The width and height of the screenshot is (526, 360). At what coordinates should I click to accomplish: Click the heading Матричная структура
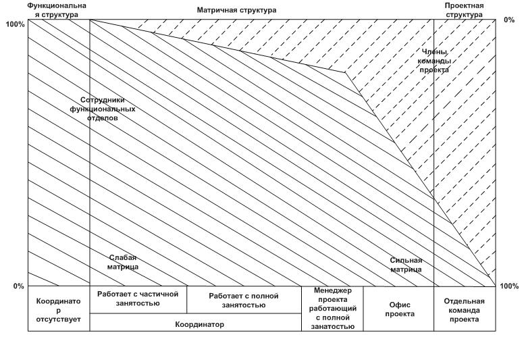pos(236,11)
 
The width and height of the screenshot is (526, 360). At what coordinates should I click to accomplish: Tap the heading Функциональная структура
pos(57,9)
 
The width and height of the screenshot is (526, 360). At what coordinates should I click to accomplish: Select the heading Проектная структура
pos(463,9)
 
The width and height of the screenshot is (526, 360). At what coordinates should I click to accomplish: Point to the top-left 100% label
pos(14,24)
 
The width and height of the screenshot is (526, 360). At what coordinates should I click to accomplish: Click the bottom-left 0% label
pos(18,286)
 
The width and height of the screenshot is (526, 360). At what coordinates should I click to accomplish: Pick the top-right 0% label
pos(508,20)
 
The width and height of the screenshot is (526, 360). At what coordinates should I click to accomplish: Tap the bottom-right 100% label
pos(509,286)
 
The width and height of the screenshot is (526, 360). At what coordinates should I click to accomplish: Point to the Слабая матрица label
pos(123,262)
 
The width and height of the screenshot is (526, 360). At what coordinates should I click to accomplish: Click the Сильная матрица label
pos(406,265)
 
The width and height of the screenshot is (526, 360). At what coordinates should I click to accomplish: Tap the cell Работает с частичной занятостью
pos(138,299)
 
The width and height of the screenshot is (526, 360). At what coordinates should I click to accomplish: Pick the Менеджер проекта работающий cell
pos(332,309)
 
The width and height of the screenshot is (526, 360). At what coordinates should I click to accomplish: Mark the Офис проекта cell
pos(398,309)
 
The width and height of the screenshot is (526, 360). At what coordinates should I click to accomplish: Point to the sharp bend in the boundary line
pos(345,72)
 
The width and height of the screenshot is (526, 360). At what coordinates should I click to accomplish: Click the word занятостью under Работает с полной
pos(244,305)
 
